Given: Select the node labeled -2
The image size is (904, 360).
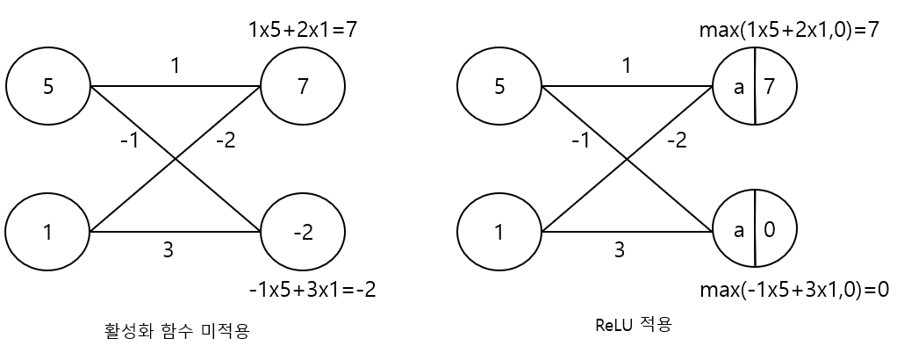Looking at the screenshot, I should point(303,233).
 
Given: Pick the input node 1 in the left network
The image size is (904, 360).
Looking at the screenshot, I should point(48,233).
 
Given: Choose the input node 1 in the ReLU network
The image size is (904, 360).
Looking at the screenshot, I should point(499,233).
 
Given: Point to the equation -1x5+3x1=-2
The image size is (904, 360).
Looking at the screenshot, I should point(313,289).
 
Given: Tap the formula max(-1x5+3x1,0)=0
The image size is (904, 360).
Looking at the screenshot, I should point(794,289).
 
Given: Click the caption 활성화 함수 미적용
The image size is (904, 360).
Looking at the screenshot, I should point(179,331).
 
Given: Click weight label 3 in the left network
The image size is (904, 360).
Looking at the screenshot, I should point(168,249).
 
